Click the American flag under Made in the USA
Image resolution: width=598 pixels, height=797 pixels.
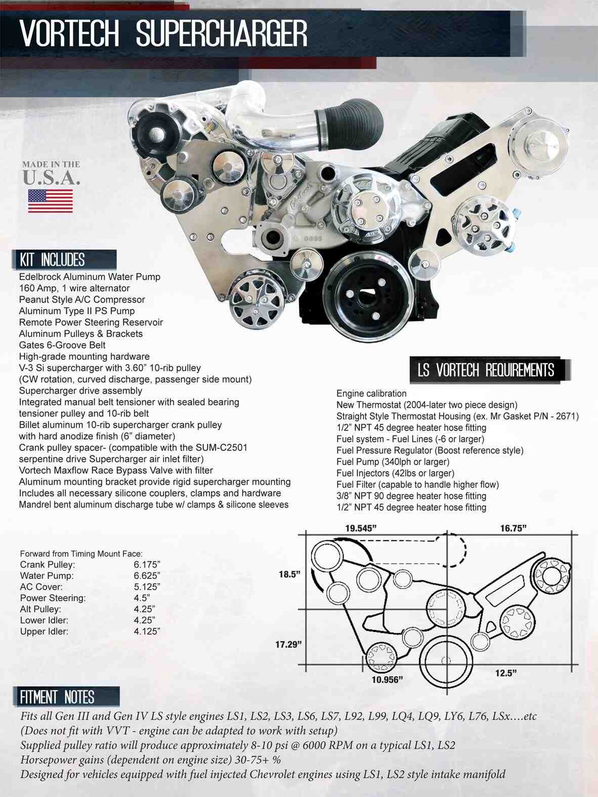[50, 201]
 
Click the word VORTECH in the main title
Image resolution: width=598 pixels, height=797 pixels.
[69, 34]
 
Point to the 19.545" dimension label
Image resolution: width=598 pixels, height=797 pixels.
[361, 528]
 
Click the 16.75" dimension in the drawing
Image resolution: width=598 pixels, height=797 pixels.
[514, 528]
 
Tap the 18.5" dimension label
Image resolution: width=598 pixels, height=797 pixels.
[289, 574]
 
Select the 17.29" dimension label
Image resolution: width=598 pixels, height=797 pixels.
[288, 644]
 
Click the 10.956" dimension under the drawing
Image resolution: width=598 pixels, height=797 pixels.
[387, 680]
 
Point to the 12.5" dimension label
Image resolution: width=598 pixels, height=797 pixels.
[506, 673]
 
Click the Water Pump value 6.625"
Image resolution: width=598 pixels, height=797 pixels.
[147, 576]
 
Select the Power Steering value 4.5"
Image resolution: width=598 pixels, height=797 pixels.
[142, 598]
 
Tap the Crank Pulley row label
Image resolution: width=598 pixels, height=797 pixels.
[48, 565]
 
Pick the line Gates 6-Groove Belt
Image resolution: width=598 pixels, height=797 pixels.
[62, 345]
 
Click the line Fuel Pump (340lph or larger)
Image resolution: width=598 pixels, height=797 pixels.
[393, 462]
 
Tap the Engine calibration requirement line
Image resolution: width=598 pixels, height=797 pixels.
[371, 393]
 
